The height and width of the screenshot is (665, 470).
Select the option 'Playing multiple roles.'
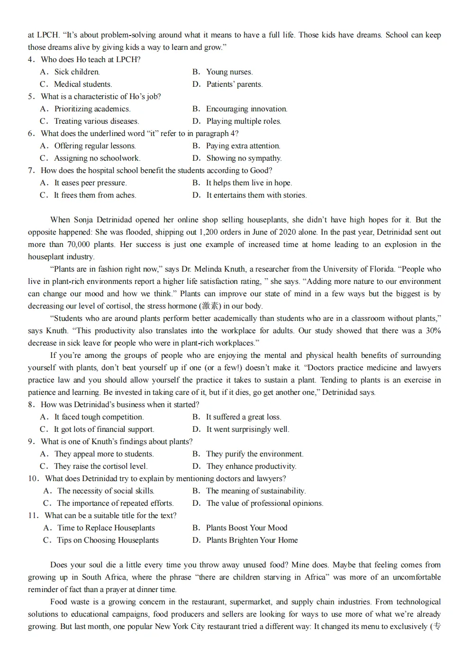pos(244,121)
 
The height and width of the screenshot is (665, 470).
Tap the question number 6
pos(31,134)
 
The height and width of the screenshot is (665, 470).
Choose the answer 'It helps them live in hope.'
pos(249,183)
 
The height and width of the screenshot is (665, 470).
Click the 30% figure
pos(433,331)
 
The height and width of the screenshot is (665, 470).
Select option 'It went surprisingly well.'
pos(247,429)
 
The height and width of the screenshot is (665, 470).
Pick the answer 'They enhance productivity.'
pos(251,466)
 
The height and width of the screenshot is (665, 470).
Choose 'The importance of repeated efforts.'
pos(115,503)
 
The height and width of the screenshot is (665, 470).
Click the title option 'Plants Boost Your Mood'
pos(246,528)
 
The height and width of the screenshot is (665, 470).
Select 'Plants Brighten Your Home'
pos(252,540)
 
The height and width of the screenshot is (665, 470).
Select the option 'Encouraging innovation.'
pos(246,109)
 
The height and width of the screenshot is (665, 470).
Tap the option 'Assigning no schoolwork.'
pos(97,158)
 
